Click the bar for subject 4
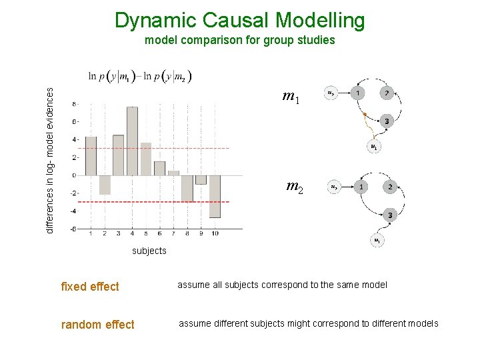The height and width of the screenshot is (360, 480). pyautogui.click(x=132, y=141)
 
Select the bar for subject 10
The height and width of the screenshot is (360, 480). pyautogui.click(x=215, y=196)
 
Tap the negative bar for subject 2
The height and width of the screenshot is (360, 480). pyautogui.click(x=105, y=185)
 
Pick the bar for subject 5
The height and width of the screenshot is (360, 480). pyautogui.click(x=146, y=159)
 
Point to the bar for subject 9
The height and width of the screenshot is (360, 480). pyautogui.click(x=201, y=179)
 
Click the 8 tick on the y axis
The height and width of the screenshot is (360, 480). pyautogui.click(x=74, y=104)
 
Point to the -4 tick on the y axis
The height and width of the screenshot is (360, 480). pyautogui.click(x=73, y=211)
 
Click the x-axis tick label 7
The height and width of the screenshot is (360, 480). pyautogui.click(x=173, y=234)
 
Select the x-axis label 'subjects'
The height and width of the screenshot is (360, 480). pyautogui.click(x=149, y=251)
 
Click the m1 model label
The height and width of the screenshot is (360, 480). pyautogui.click(x=291, y=98)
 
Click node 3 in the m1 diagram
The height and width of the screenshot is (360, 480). pyautogui.click(x=387, y=121)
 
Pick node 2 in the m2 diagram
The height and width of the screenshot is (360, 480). pyautogui.click(x=390, y=187)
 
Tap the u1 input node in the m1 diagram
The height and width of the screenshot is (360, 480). pyautogui.click(x=374, y=147)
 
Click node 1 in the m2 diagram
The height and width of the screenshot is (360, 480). pyautogui.click(x=361, y=187)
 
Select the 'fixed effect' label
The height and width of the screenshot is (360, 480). pyautogui.click(x=89, y=287)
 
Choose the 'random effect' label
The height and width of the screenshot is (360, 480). pyautogui.click(x=97, y=325)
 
